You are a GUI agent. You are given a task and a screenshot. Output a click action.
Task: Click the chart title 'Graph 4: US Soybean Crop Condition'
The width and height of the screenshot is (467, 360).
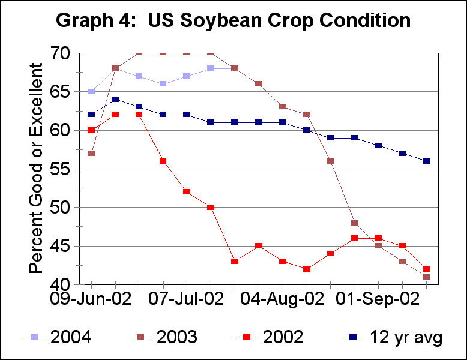click(233, 20)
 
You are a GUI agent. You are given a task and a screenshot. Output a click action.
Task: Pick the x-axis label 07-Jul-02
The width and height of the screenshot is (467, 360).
click(186, 298)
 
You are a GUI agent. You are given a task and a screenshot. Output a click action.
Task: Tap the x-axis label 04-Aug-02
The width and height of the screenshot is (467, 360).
click(282, 298)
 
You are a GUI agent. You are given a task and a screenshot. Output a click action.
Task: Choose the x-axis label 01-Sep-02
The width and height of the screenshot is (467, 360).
click(378, 298)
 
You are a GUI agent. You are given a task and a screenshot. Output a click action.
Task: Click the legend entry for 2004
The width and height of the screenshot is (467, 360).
click(71, 337)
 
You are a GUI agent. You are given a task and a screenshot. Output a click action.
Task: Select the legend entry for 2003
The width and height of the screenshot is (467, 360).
click(176, 337)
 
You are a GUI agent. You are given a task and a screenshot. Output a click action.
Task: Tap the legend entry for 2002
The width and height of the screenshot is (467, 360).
click(282, 337)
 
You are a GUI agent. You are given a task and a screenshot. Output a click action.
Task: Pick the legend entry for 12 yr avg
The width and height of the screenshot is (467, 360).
click(406, 337)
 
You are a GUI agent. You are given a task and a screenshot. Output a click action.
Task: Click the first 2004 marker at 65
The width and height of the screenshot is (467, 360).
click(91, 92)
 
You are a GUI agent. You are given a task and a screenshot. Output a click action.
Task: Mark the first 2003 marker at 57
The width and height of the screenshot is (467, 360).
click(91, 154)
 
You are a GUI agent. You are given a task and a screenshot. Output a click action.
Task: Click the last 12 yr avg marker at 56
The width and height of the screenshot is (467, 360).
click(426, 161)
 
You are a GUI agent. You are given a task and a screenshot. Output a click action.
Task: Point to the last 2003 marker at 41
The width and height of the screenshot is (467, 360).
click(426, 277)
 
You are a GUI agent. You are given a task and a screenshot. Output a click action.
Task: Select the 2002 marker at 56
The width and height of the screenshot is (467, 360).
click(163, 161)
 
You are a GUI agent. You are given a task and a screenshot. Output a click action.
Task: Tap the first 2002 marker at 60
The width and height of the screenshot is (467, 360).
click(91, 130)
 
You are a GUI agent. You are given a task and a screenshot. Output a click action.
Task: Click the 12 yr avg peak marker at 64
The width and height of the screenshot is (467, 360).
click(115, 100)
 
